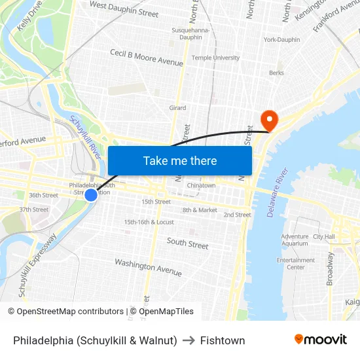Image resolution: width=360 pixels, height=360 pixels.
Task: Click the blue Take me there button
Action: point(180,160)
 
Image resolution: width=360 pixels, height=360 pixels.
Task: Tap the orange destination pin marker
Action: point(269,120)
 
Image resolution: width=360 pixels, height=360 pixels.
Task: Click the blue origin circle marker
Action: point(91,194)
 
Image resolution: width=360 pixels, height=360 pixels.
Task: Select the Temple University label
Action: point(215,58)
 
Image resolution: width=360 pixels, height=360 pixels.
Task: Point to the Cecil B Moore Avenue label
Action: point(147,58)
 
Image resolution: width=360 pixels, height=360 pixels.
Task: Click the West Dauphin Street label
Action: point(124,9)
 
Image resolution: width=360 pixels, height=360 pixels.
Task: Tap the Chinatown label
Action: point(201,185)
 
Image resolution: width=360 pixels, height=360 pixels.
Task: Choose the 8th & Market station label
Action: point(200,210)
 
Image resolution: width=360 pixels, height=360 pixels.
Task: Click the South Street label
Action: point(187,243)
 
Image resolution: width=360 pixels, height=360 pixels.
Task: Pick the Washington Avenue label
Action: point(148,266)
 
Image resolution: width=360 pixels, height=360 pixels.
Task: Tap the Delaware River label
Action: point(278,192)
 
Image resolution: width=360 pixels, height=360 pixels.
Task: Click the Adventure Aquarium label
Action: point(295,240)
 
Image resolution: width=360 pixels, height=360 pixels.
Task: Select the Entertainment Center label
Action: point(296,263)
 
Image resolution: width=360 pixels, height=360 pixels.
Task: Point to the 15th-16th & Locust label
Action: point(149,222)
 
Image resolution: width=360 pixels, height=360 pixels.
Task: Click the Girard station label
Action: point(177,108)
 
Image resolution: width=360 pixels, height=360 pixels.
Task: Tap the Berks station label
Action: point(276,73)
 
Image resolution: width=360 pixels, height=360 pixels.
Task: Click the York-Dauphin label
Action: point(281,39)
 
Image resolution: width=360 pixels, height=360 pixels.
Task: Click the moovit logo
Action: point(321,340)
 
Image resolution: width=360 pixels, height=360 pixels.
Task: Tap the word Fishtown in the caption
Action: point(223,340)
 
